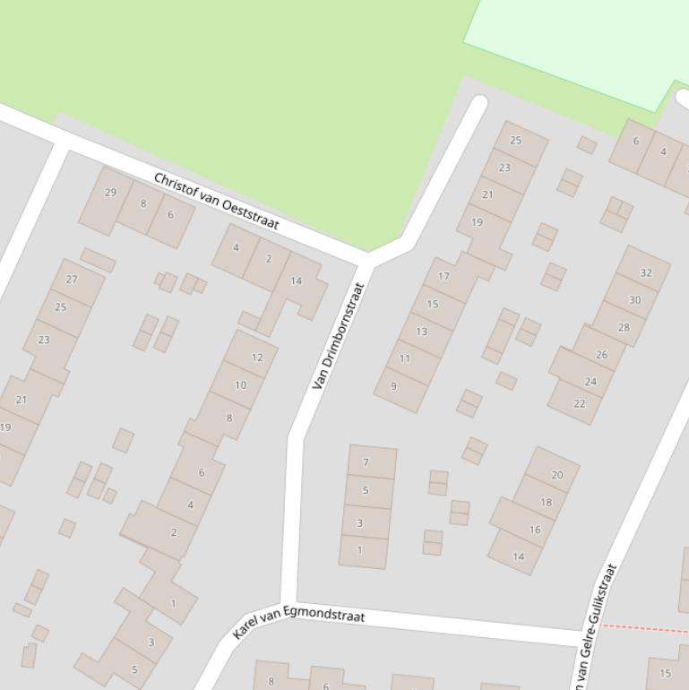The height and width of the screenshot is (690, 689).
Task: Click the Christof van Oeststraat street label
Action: coord(217,202)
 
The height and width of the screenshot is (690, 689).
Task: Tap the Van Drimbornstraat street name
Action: coord(338,336)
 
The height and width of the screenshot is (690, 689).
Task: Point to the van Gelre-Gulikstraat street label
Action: coord(596,627)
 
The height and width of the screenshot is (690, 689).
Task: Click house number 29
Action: coord(110,192)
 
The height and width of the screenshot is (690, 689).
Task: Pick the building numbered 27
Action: coord(72,280)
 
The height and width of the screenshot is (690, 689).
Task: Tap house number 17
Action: coord(444,277)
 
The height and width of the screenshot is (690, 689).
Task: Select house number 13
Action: coord(421,332)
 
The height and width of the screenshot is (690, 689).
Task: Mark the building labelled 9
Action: coord(393,386)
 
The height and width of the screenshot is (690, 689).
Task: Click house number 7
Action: coord(366,462)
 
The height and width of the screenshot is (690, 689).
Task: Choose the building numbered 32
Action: coord(646,272)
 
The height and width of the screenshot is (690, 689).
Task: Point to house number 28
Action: coord(624,327)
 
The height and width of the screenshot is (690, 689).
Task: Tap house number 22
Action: coord(580,403)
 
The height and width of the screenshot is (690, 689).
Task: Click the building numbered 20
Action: coord(556,475)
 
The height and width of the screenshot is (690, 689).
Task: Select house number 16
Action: coord(535,530)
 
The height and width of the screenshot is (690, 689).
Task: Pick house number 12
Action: coord(257,357)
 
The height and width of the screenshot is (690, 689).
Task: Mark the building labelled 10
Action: coord(240,385)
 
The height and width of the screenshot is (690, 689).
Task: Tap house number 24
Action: coord(590,381)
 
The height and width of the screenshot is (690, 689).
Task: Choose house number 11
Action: coord(405,358)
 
